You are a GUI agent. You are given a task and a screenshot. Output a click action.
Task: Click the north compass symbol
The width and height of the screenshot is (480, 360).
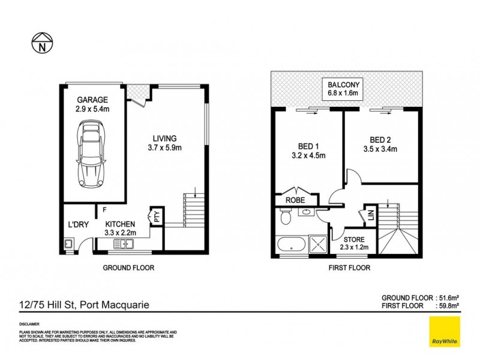point(41,43)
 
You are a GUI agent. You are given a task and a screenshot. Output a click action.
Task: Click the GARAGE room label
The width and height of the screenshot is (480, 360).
point(92,100)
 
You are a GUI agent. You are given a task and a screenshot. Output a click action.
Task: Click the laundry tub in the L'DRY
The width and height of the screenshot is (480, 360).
point(68,244)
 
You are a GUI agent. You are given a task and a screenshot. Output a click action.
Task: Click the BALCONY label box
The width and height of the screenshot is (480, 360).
point(343,88)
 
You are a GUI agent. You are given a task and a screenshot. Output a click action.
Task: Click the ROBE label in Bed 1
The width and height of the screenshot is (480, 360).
point(296,200)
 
